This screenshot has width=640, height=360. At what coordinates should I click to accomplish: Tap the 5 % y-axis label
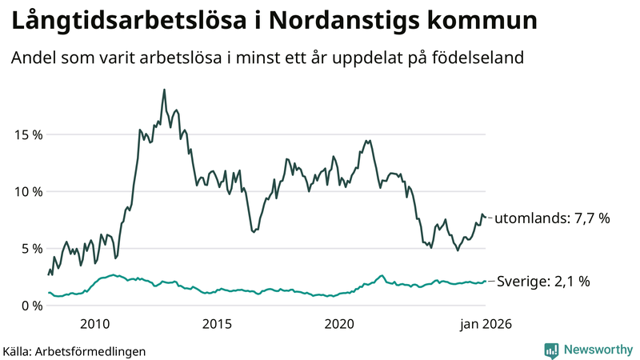point(31,248)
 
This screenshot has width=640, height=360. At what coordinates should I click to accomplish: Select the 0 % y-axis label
point(31,306)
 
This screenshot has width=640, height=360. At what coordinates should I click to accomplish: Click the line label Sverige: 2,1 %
point(544,282)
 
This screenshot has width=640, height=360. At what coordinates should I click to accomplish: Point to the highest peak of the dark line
point(164,90)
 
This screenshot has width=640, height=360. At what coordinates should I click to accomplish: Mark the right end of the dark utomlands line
point(486,217)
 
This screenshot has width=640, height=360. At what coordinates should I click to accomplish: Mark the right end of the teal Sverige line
point(486,281)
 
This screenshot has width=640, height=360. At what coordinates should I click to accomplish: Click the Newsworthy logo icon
point(551,350)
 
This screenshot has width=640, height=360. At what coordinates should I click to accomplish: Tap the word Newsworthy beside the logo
point(597,350)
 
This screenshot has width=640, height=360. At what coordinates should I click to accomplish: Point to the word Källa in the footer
point(17,350)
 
